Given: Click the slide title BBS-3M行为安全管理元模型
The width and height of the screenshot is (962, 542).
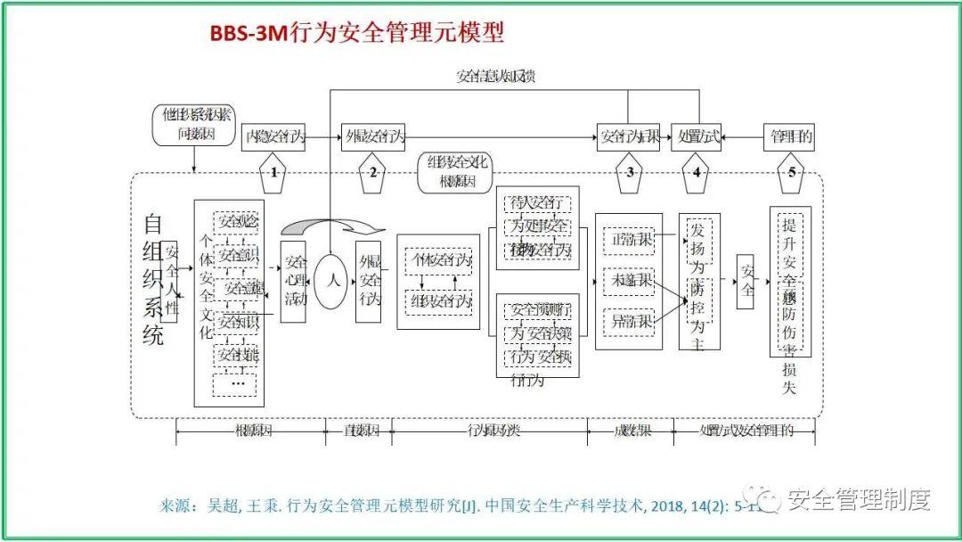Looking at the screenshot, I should coord(357,33).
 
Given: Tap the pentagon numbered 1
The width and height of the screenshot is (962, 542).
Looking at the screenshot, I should coord(274,171).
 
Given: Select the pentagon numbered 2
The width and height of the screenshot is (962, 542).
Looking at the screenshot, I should coord(373,171).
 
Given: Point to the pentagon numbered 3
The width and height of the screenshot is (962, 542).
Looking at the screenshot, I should coord(630,171).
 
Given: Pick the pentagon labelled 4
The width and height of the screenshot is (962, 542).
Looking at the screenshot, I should coord(696,171).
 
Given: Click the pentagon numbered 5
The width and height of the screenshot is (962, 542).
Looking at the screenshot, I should coord(791,171).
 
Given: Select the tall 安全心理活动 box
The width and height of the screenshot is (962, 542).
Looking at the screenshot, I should coord(294,282).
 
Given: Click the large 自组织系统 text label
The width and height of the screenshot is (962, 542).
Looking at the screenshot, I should coord(152,278).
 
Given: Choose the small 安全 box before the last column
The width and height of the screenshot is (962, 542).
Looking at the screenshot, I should coord(746,281).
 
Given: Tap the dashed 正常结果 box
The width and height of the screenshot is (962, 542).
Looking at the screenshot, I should coord(628,240).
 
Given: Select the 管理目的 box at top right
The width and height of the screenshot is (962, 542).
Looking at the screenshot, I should coord(790,137).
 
